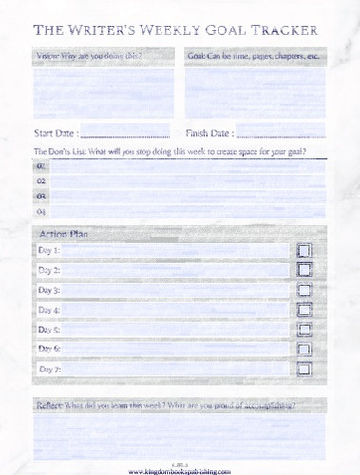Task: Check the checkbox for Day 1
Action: coord(304,251)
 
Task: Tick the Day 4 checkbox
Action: coord(304,311)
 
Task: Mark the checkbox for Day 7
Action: coord(304,370)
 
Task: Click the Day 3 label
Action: coord(48,290)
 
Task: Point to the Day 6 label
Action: coord(48,349)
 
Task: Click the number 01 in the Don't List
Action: coord(41,165)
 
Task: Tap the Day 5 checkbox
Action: coord(304,331)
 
